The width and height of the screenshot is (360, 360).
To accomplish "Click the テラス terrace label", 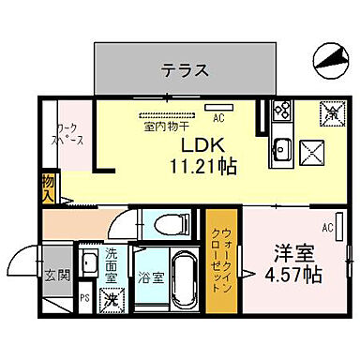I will tap(184, 69).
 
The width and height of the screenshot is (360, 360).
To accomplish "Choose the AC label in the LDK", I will tap(217, 119).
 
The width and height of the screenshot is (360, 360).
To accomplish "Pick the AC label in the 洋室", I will tap(328, 227).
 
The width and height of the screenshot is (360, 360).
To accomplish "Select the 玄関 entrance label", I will tap(55, 276).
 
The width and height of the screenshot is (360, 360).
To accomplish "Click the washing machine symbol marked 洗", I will tap(111, 299).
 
